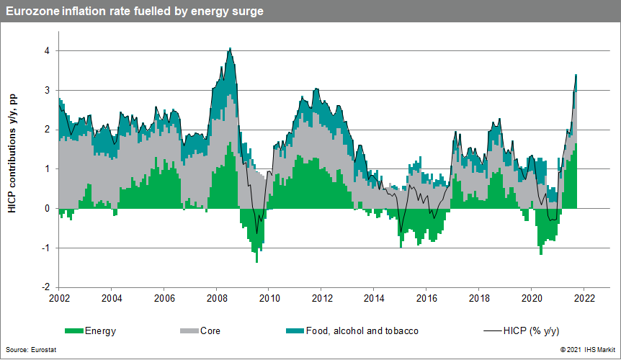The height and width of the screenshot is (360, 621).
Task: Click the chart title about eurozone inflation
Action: [x=134, y=12]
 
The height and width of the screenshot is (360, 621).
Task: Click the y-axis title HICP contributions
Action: [x=12, y=153]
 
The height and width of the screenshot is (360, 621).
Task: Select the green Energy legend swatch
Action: [x=74, y=331]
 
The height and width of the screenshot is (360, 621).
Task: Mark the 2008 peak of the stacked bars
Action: [x=230, y=50]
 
